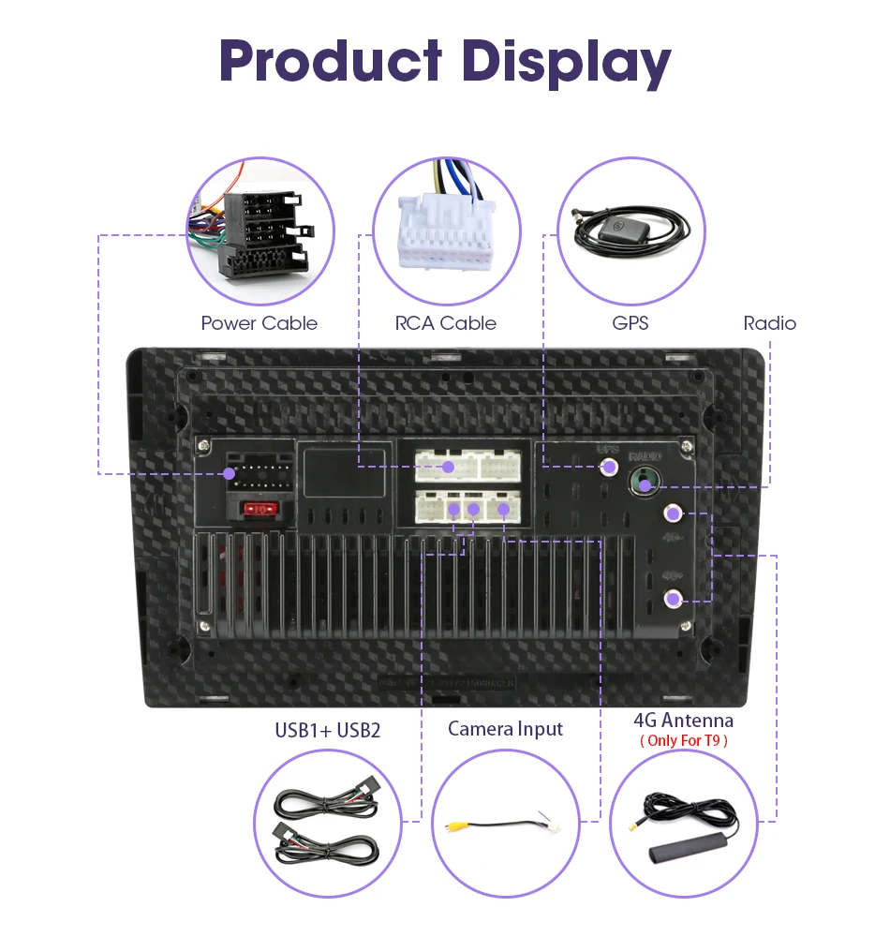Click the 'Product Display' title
[x=445, y=62]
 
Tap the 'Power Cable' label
[x=260, y=323]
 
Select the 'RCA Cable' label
[x=446, y=323]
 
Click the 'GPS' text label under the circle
[x=630, y=323]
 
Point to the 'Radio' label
[x=769, y=323]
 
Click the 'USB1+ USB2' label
[x=328, y=730]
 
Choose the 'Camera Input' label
[x=506, y=728]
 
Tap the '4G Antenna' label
[x=684, y=720]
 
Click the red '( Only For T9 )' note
[x=684, y=740]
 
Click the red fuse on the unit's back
[x=260, y=510]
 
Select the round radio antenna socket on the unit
[x=644, y=483]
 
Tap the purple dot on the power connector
[x=230, y=474]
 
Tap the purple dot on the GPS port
[x=610, y=466]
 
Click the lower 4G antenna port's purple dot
[x=672, y=600]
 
